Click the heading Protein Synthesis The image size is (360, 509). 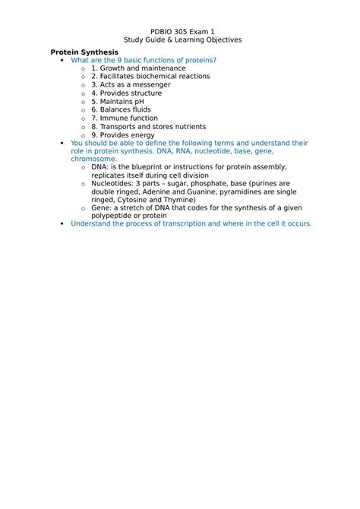pos(84,52)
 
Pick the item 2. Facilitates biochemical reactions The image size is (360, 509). pos(150,77)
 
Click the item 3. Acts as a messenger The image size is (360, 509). pos(130,85)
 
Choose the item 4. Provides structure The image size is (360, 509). pos(127,93)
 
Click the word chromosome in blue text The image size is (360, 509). pos(94,160)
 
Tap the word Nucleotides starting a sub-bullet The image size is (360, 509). pos(112,184)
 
